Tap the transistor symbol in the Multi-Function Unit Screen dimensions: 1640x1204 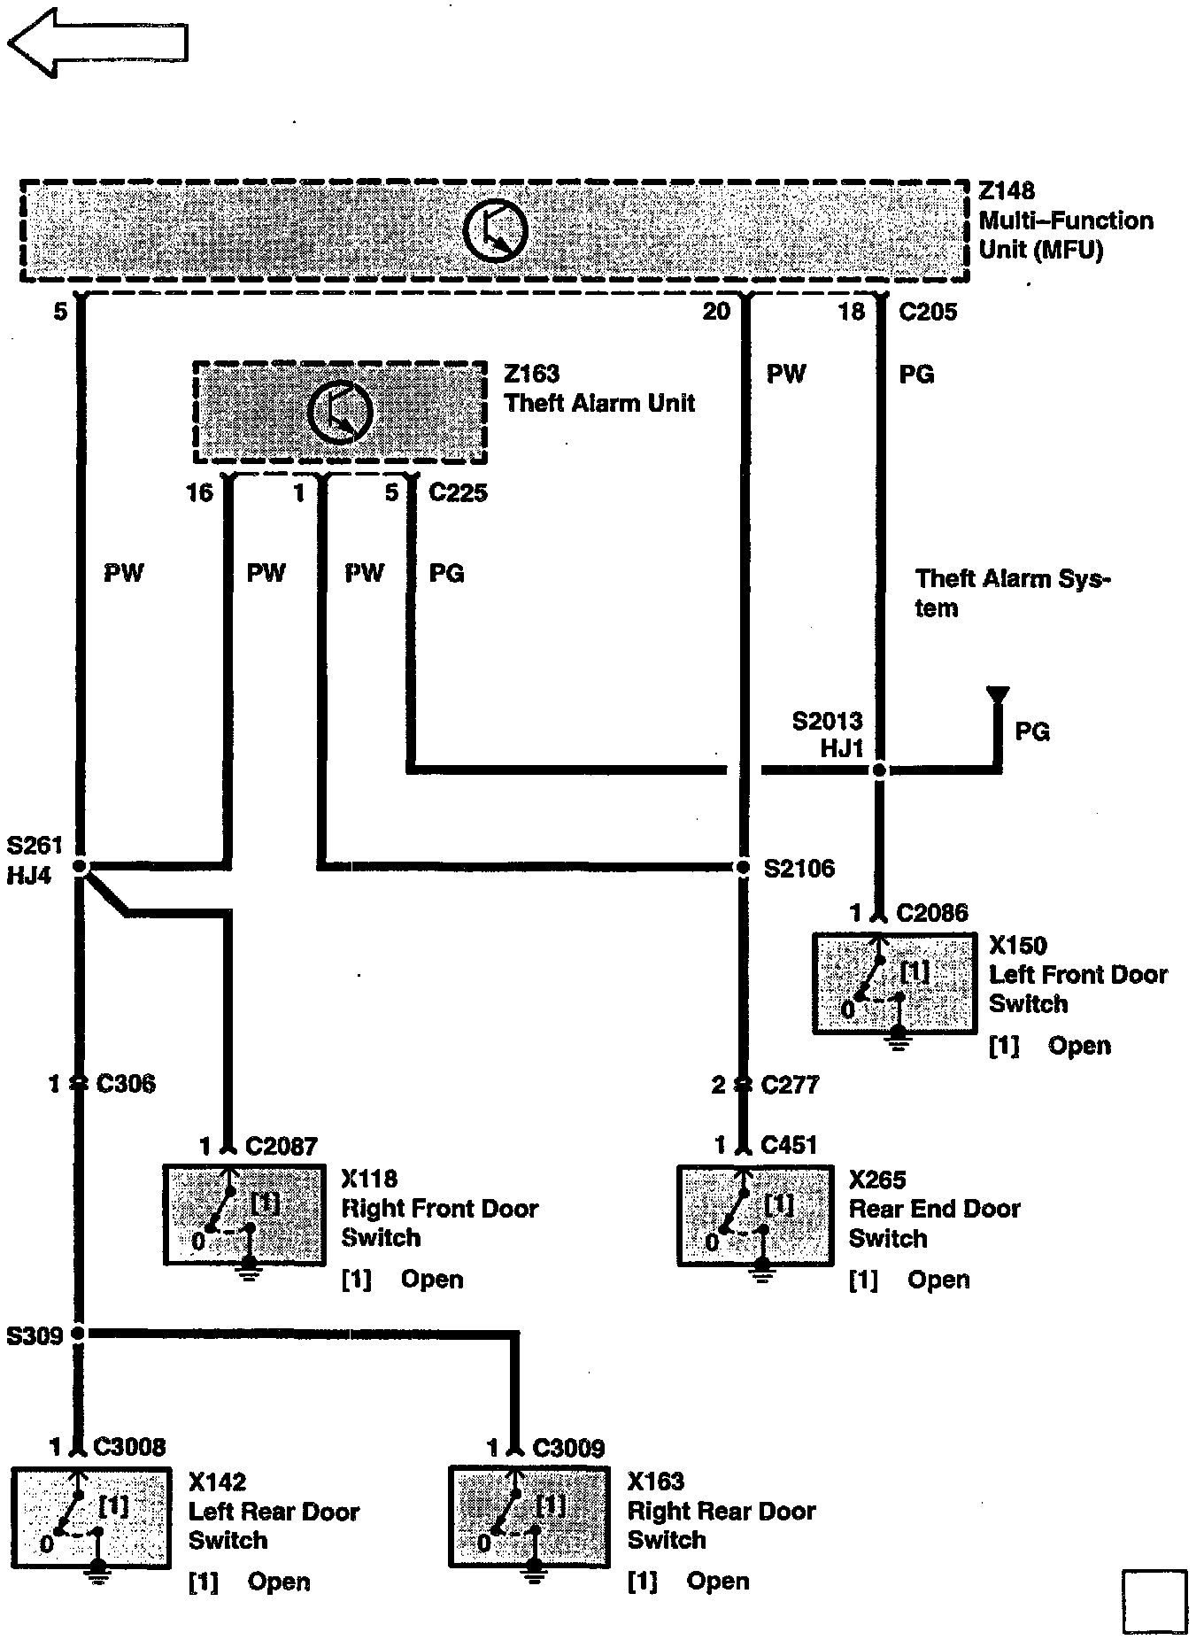point(495,231)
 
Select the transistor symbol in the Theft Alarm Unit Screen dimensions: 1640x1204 point(341,412)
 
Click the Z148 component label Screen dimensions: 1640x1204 point(1007,191)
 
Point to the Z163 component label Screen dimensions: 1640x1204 point(531,374)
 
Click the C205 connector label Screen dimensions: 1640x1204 point(927,312)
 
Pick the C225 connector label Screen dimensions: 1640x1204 point(458,492)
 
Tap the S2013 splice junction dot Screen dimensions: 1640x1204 point(879,770)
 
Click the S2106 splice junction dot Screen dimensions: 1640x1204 point(744,867)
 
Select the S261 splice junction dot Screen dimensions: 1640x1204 point(80,867)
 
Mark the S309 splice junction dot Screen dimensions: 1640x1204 point(79,1333)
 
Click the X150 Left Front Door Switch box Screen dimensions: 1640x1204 point(894,983)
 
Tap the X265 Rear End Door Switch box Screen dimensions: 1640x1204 point(755,1216)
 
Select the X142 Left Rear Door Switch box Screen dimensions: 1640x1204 point(91,1518)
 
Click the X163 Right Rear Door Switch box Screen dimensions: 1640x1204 point(529,1517)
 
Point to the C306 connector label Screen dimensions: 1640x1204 point(125,1083)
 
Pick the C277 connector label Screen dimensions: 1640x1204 point(790,1085)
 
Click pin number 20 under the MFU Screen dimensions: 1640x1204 point(716,312)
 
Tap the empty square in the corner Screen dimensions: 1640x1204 point(1154,1602)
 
